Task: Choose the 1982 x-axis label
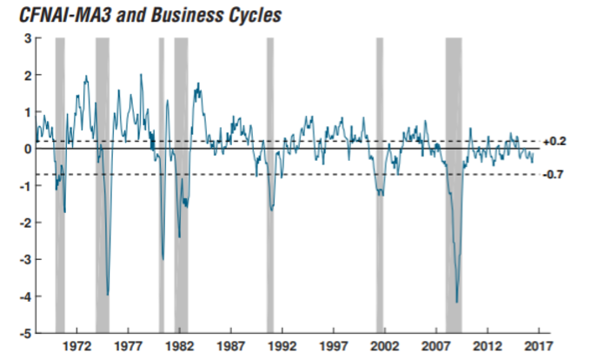click(179, 345)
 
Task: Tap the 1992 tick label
click(282, 345)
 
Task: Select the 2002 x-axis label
click(384, 345)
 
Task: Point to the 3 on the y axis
click(28, 38)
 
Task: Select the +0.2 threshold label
click(554, 141)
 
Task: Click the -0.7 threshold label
click(554, 174)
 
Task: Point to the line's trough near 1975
click(107, 295)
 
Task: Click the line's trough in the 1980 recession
click(163, 258)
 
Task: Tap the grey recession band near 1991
click(269, 174)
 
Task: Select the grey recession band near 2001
click(379, 174)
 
